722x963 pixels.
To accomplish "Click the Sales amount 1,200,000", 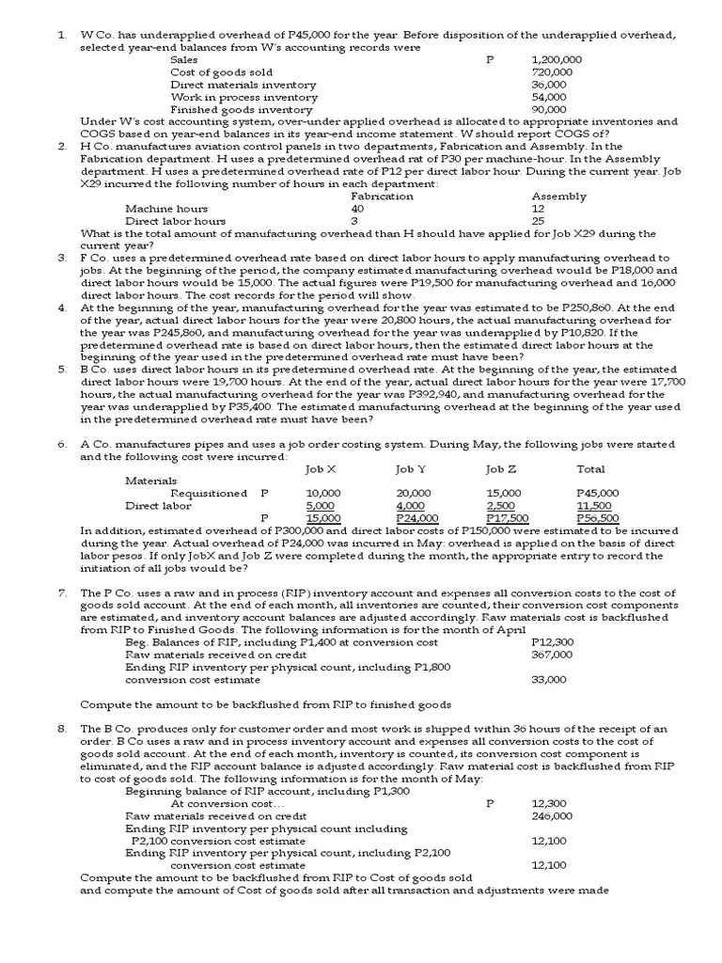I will click(556, 59).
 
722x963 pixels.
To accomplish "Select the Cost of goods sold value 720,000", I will click(552, 71).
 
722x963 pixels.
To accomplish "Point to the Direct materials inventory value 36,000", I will click(549, 84).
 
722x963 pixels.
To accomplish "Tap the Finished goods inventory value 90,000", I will click(549, 109).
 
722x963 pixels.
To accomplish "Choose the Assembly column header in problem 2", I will click(558, 197).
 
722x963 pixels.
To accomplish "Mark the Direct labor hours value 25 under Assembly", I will click(538, 221).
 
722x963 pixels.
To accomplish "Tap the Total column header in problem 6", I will click(590, 468).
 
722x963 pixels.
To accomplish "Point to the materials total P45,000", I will click(596, 493).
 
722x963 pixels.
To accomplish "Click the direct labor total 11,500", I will click(594, 505).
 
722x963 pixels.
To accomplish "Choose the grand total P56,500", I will click(596, 517).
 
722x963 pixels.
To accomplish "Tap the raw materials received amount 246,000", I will click(552, 816).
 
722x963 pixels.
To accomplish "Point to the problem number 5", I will click(61, 369).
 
